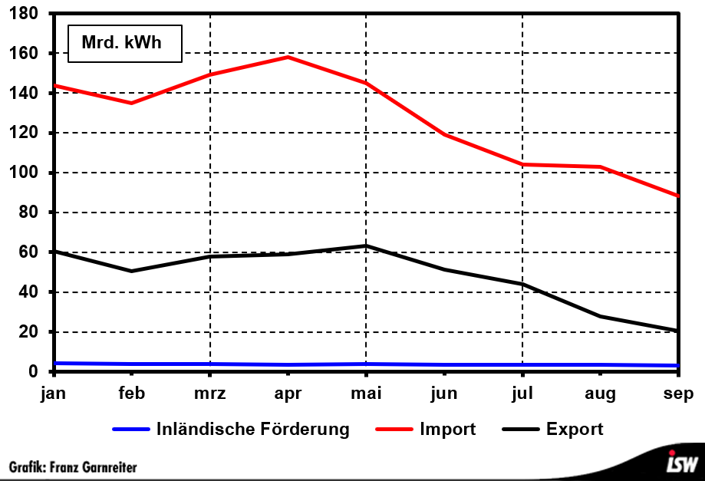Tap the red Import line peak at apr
(x=288, y=57)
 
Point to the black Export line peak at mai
(x=366, y=246)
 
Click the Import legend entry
(x=447, y=429)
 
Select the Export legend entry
(x=574, y=429)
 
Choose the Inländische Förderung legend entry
(x=252, y=429)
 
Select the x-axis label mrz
(x=209, y=394)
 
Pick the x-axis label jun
(x=444, y=394)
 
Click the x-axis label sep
(x=678, y=394)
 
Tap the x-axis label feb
(x=132, y=394)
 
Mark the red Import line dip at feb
(x=132, y=103)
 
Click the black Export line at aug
(x=600, y=316)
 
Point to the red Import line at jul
(x=522, y=164)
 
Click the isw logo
(x=682, y=463)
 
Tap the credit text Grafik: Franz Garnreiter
(x=73, y=466)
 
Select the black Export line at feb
(x=132, y=271)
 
